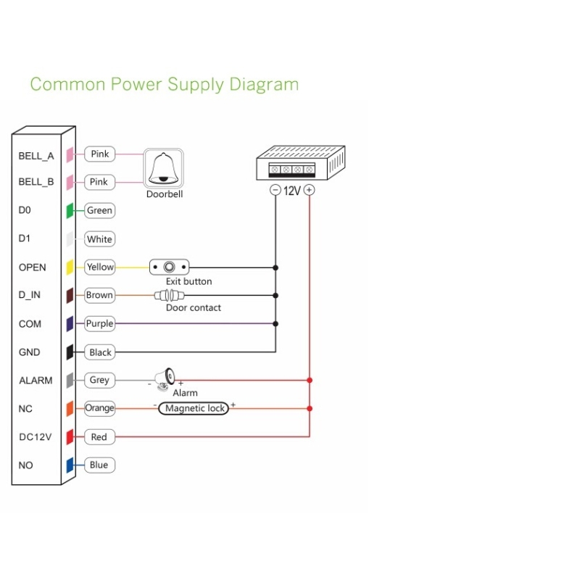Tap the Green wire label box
99,210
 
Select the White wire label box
99,239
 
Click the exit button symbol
170,267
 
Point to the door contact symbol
170,295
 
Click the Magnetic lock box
194,408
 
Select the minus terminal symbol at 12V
275,191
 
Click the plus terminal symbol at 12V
310,191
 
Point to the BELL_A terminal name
36,155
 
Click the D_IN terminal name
32,295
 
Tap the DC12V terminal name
36,437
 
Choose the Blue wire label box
99,465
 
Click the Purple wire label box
100,323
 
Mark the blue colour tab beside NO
70,465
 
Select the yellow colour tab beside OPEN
70,267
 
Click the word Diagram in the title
264,84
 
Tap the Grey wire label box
99,380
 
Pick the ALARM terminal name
36,380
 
